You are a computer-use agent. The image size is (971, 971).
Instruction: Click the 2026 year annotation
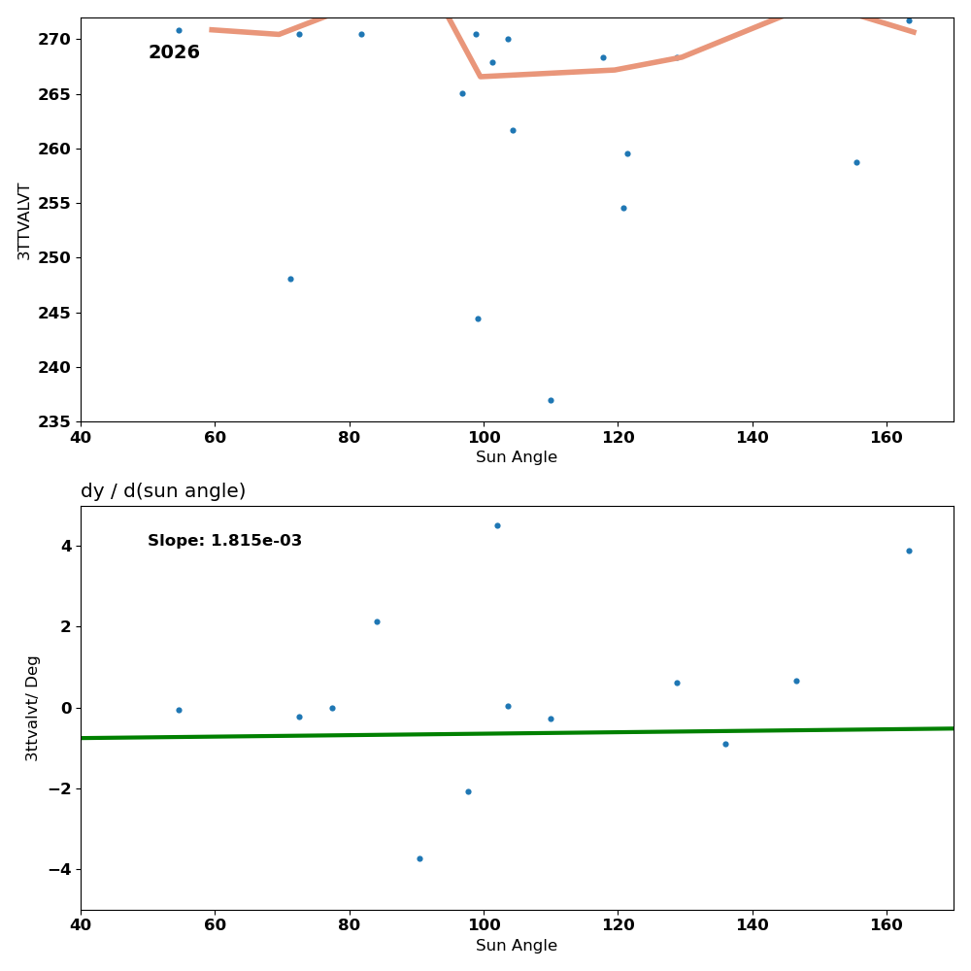(x=174, y=52)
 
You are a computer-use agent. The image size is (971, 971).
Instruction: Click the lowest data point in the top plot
(x=551, y=400)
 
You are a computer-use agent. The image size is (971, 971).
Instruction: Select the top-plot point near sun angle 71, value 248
(x=290, y=279)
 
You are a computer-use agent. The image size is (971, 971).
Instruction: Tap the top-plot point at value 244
(x=478, y=318)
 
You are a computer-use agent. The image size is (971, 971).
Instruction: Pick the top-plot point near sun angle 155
(x=856, y=162)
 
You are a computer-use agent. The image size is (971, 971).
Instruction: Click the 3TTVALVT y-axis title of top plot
(x=24, y=220)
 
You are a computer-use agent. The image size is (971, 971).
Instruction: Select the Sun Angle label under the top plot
(x=517, y=457)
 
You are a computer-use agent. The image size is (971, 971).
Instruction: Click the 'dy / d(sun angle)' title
(x=163, y=491)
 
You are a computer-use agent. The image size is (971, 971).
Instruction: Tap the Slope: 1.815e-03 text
(x=224, y=541)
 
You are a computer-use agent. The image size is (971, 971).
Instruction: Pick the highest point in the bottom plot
(x=497, y=525)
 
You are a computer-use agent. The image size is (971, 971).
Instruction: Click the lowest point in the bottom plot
(x=419, y=858)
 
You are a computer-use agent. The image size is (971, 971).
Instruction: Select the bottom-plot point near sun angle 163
(x=909, y=551)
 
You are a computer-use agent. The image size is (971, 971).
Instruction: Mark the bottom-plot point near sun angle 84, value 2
(x=377, y=621)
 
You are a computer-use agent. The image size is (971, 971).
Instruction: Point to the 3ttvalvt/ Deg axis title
(x=32, y=708)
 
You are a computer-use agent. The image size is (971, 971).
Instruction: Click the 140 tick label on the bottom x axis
(x=753, y=925)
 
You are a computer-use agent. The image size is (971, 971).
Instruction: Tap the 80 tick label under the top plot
(x=350, y=437)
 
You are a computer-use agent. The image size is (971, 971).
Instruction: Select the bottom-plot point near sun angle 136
(x=725, y=744)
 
